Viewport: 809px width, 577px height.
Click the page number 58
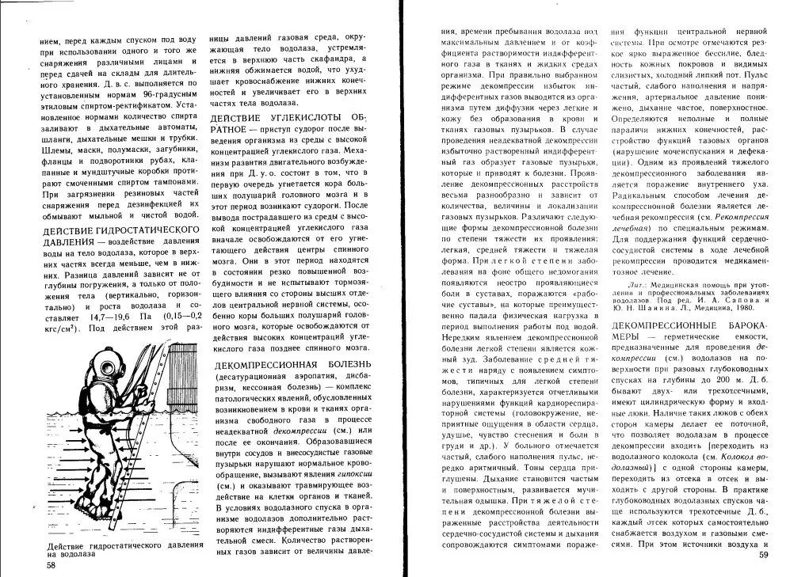coord(51,565)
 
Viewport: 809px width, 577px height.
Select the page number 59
coord(763,556)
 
